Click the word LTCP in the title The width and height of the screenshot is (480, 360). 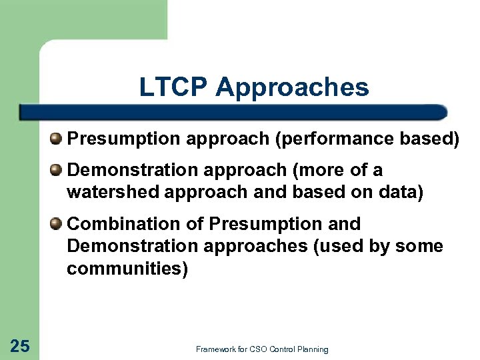pos(174,87)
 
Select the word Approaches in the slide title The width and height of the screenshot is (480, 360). pos(292,87)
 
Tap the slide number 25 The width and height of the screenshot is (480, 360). pos(20,345)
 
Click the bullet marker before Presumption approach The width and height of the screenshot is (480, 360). pos(57,139)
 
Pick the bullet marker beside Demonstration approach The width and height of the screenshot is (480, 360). pos(57,171)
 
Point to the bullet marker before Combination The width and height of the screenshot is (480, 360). pos(57,223)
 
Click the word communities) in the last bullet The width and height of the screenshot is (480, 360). pos(127,269)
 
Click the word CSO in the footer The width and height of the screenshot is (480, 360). pos(257,349)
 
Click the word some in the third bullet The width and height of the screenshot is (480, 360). pos(419,246)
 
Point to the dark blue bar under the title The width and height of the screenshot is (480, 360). pos(233,112)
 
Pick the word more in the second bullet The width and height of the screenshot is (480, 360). pos(323,171)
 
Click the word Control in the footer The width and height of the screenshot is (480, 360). pos(283,349)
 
